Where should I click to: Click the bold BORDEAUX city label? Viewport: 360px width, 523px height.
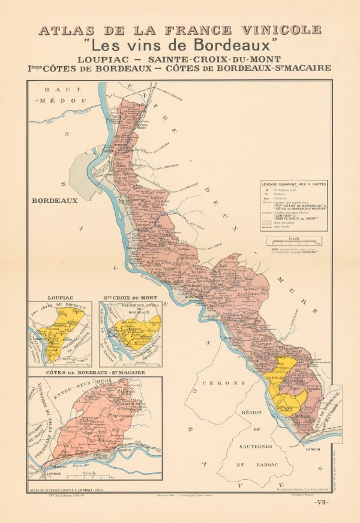55,201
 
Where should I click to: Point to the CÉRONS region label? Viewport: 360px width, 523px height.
224,382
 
